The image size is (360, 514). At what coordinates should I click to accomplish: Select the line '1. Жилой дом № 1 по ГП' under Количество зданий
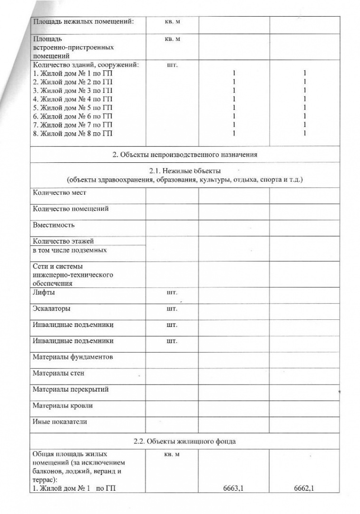coord(73,73)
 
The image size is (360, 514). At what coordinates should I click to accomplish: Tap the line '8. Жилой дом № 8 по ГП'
coord(73,133)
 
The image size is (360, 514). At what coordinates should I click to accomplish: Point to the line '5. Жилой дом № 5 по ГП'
coord(73,107)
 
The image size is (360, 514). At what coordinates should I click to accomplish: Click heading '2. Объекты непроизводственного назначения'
coord(185,155)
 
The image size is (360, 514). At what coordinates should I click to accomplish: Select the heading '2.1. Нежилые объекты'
coord(185,170)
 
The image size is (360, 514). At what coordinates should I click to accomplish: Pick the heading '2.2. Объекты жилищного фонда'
coord(185,441)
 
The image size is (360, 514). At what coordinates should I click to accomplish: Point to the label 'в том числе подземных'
coord(69,250)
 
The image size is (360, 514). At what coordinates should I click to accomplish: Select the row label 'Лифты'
coord(43,292)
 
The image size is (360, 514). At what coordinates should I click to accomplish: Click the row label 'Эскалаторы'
coord(51,308)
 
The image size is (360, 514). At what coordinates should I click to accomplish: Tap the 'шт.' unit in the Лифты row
coord(172,292)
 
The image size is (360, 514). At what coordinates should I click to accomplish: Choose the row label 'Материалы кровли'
coord(63,405)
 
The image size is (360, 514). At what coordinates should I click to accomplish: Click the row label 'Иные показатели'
coord(60,421)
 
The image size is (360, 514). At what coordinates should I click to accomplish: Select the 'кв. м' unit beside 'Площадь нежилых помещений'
coord(172,21)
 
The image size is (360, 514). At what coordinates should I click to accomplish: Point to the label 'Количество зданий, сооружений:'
coord(88,65)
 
